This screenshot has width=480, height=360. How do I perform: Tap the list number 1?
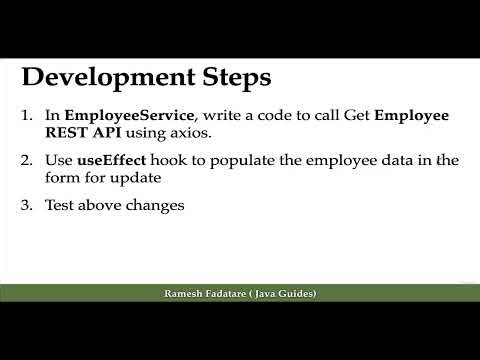tap(28, 116)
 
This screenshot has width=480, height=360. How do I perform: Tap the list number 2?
tap(28, 159)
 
